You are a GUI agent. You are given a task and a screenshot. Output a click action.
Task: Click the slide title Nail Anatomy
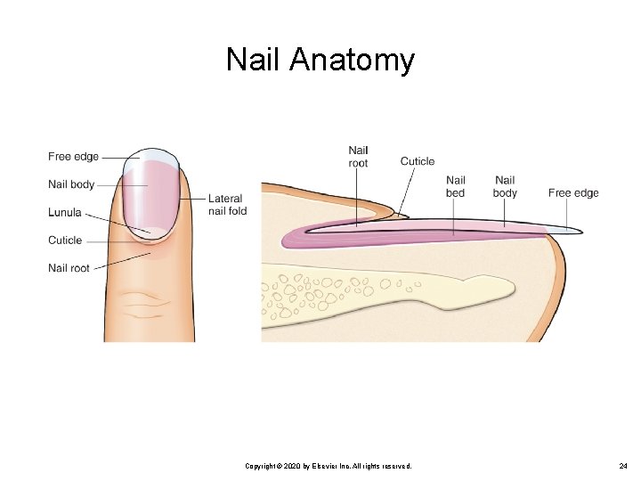(320, 60)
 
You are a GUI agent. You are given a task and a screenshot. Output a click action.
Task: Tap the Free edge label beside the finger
(73, 157)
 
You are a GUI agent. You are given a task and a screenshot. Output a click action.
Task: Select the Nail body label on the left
(71, 184)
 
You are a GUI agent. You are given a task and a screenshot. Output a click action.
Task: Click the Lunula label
(65, 213)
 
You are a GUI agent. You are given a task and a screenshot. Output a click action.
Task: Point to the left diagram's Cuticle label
(65, 240)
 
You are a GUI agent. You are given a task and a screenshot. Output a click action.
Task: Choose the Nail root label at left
(69, 267)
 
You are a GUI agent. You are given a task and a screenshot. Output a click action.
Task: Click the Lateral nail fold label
(227, 204)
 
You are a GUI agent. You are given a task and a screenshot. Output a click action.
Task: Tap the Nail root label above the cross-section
(358, 157)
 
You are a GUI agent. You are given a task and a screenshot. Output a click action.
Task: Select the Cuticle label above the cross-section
(418, 161)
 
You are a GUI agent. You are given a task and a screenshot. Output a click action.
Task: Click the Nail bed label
(455, 187)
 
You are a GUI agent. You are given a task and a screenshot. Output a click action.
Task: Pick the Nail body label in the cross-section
(505, 187)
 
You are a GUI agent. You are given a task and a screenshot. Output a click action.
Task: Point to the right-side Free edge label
(573, 192)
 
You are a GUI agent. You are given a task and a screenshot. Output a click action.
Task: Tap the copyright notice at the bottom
(328, 466)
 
